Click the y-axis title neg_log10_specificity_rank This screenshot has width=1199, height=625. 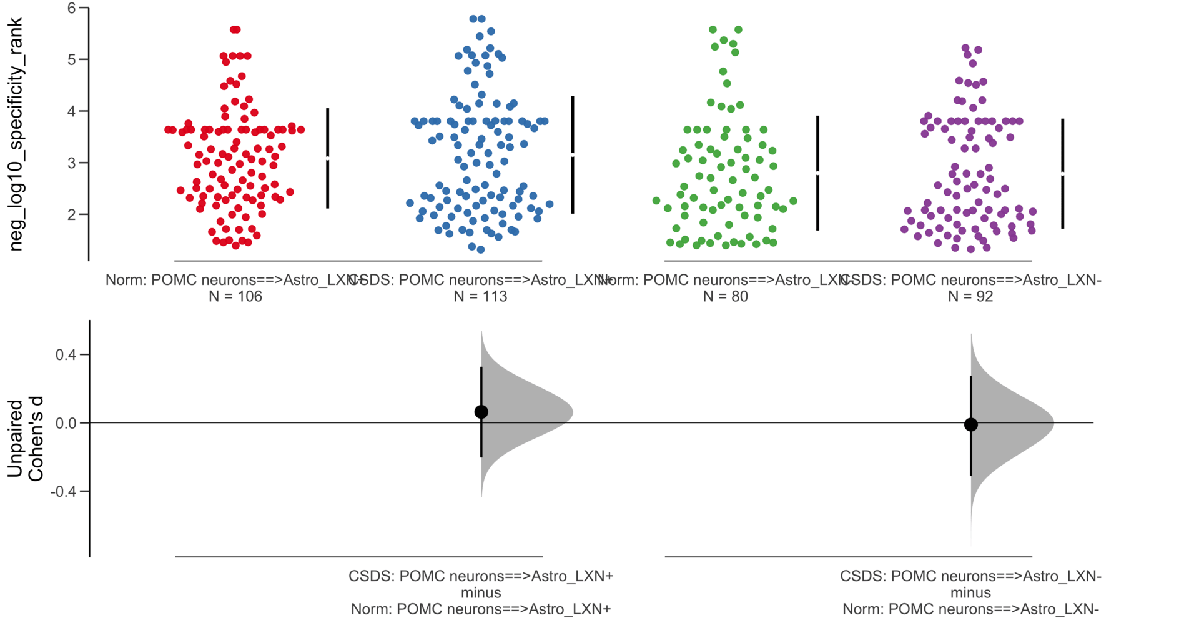15,134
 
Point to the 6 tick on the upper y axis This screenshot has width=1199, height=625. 72,8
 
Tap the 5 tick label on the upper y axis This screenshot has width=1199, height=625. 72,60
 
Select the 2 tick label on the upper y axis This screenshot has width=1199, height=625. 72,215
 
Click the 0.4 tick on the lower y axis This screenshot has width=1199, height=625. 66,355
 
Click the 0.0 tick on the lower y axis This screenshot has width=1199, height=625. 66,424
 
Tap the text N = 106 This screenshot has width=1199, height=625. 235,297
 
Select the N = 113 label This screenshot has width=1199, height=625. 480,297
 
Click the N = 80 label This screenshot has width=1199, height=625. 725,297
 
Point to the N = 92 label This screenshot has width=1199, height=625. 970,297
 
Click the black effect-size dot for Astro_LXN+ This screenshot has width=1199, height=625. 481,412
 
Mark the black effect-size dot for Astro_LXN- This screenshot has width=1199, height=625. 970,425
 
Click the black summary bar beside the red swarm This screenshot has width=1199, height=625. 327,181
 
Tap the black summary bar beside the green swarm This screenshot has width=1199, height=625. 817,200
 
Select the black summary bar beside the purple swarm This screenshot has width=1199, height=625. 1062,200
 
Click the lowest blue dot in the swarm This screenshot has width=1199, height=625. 480,250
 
